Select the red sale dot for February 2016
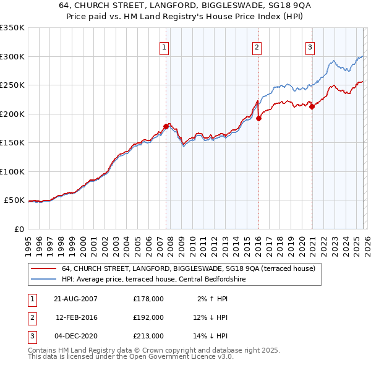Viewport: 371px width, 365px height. pyautogui.click(x=258, y=119)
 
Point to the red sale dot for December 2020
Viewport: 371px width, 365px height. pyautogui.click(x=312, y=106)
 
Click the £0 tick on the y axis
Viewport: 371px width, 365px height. pyautogui.click(x=19, y=229)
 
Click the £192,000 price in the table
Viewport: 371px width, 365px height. pyautogui.click(x=148, y=317)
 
